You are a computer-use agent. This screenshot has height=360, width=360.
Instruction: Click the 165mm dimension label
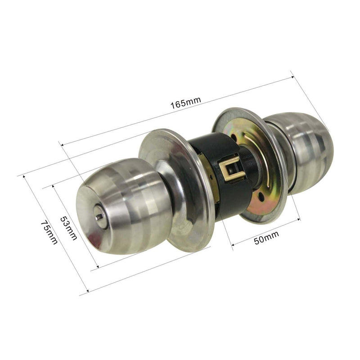(186, 103)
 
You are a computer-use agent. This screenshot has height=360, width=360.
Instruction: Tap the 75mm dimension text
(49, 233)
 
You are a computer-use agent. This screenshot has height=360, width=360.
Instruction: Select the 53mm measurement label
(68, 229)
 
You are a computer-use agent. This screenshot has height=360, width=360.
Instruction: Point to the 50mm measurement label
(266, 238)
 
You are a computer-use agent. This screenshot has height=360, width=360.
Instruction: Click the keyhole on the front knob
(99, 216)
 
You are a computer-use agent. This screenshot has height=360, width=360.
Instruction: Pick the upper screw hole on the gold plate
(234, 138)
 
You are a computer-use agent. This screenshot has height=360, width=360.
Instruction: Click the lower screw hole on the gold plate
(261, 196)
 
